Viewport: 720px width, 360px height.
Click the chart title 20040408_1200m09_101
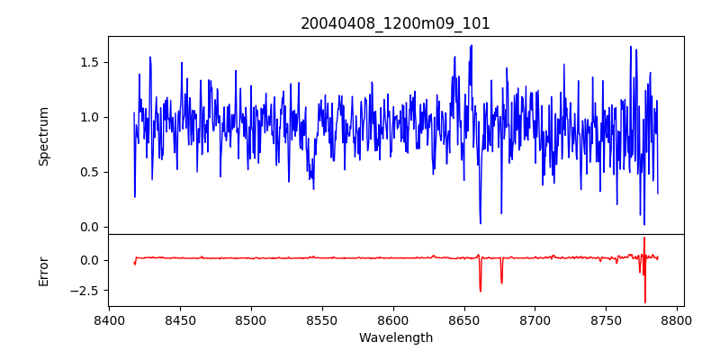[x=395, y=23]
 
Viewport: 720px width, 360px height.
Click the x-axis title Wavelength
[x=395, y=337]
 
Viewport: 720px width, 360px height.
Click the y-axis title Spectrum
[x=43, y=136]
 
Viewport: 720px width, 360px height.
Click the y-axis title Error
[x=43, y=271]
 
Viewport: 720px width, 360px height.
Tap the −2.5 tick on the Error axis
[x=85, y=291]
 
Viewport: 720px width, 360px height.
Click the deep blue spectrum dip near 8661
[x=481, y=222]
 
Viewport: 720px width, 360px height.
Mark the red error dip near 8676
[x=501, y=283]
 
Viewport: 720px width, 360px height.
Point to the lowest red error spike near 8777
[x=645, y=302]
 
